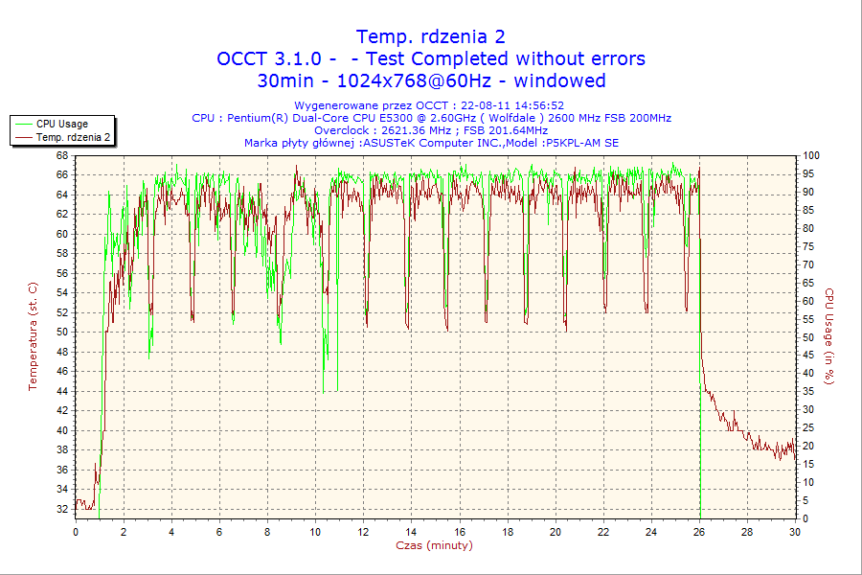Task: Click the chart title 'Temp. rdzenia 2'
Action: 431,36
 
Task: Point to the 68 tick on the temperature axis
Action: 62,155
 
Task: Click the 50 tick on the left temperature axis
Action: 62,332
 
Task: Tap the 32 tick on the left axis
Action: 62,509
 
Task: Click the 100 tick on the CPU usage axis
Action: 810,155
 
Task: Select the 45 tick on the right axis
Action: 807,356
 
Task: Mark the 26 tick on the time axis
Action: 699,531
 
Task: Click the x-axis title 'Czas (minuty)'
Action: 434,545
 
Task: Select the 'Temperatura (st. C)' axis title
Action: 33,336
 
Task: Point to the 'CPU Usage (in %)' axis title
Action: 829,336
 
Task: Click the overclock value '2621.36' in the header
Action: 384,130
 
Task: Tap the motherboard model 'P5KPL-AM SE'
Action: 581,143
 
